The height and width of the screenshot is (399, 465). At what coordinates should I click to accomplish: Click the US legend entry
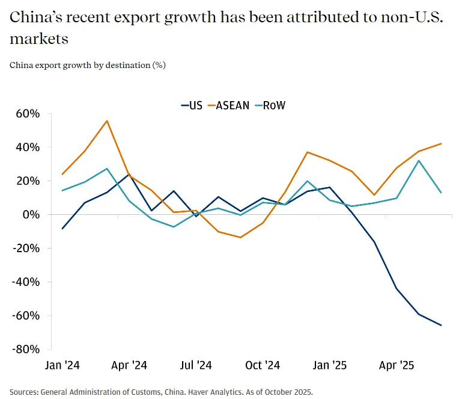[192, 105]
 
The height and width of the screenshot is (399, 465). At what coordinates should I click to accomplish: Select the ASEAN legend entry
[230, 105]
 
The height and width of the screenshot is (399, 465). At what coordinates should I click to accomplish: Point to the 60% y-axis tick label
[28, 114]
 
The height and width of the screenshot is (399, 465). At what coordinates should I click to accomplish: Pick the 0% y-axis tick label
[31, 215]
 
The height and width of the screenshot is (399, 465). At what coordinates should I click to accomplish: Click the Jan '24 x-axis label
[63, 365]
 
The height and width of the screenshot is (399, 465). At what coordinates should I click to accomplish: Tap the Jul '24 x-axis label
[196, 365]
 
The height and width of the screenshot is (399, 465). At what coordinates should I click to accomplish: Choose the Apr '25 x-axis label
[398, 365]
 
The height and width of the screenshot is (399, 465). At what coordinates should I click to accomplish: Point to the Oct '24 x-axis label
[263, 365]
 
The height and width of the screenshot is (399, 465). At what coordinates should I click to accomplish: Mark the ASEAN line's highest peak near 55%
[107, 121]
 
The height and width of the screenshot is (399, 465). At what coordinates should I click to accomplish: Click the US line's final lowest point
[442, 326]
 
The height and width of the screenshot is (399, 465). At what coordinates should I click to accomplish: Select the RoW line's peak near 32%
[419, 161]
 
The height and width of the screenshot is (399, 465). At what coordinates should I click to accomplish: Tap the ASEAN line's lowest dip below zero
[240, 237]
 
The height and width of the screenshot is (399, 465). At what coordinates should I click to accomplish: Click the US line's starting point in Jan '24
[62, 229]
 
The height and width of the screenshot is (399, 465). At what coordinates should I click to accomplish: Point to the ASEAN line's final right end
[442, 144]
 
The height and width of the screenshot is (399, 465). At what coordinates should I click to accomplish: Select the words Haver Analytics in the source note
[215, 391]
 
